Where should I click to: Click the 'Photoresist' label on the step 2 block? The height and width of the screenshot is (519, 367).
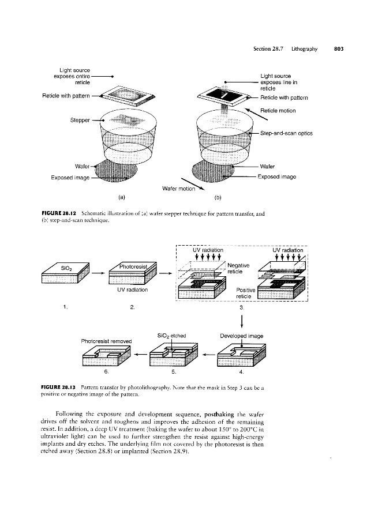click(134, 266)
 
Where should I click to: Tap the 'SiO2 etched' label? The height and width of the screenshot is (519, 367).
click(170, 335)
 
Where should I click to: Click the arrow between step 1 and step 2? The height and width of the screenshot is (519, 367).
click(98, 272)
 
